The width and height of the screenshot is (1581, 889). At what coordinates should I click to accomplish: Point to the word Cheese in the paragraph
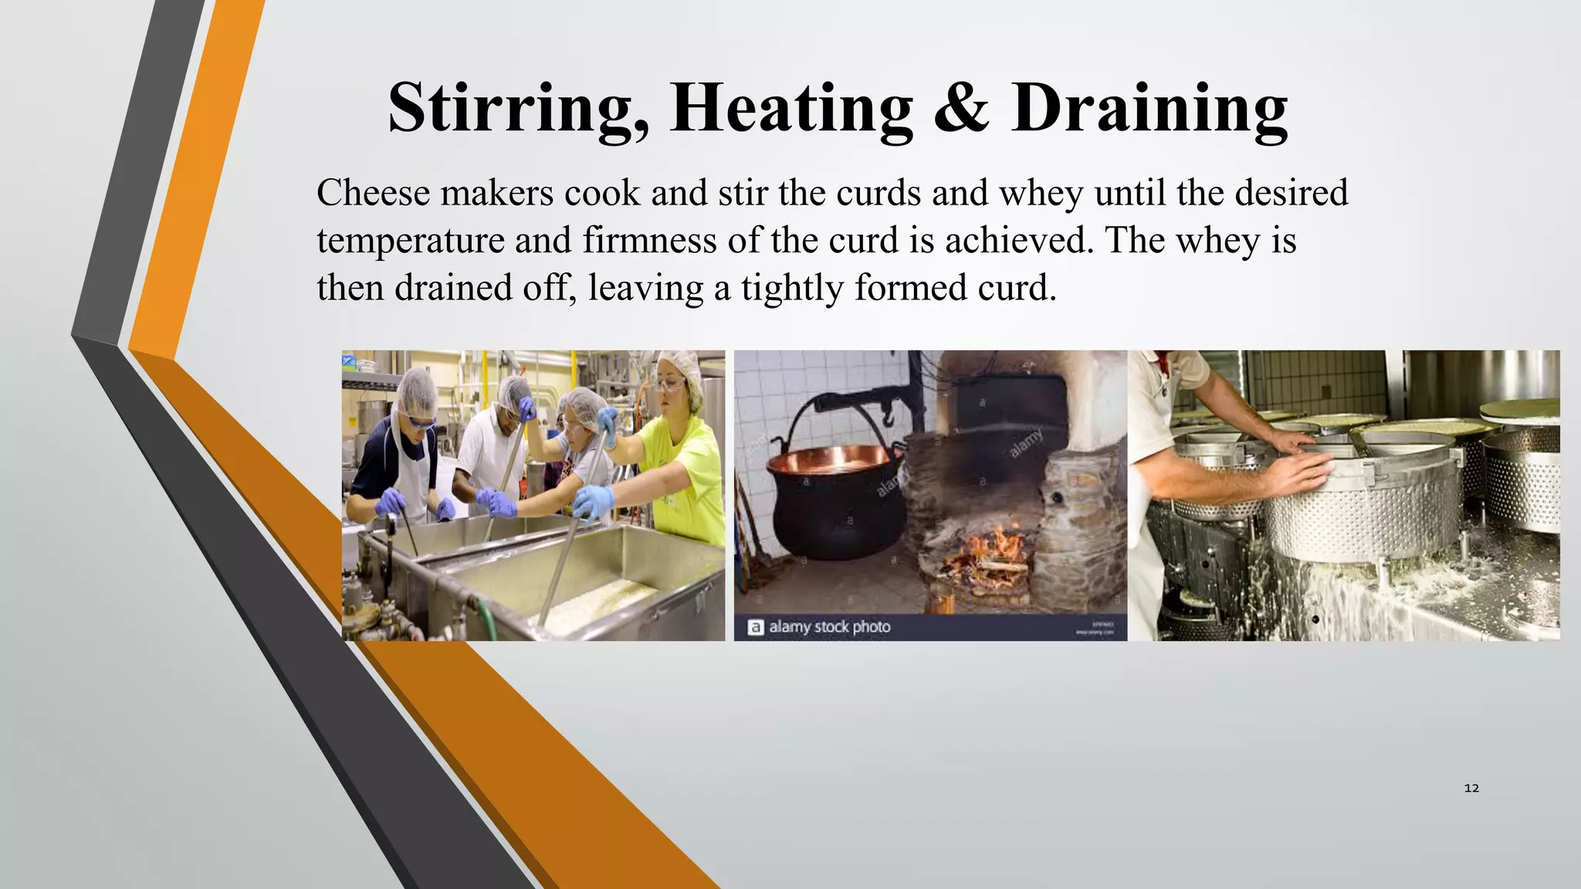[x=373, y=193]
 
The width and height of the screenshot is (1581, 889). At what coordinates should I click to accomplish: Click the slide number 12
[x=1471, y=788]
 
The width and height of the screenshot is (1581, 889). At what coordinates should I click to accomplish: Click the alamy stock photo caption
[x=829, y=627]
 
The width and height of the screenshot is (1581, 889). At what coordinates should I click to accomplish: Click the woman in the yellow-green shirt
[x=679, y=463]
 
